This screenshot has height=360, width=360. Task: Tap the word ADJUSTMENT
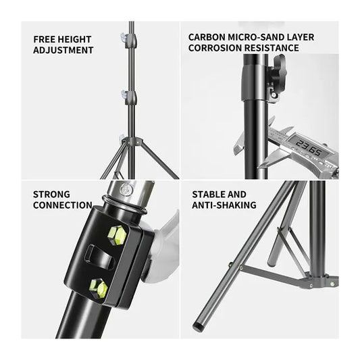pyautogui.click(x=63, y=50)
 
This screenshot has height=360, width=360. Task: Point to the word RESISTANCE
pyautogui.click(x=272, y=48)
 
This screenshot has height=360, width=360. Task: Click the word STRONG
pyautogui.click(x=51, y=195)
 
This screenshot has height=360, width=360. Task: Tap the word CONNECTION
pyautogui.click(x=63, y=205)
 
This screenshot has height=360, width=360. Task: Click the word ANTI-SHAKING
pyautogui.click(x=224, y=205)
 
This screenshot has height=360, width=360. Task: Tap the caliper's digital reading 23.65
pyautogui.click(x=309, y=147)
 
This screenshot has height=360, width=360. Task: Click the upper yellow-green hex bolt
pyautogui.click(x=117, y=235)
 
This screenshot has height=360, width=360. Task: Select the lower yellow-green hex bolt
pyautogui.click(x=99, y=288)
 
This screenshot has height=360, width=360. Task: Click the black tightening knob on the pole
pyautogui.click(x=278, y=72)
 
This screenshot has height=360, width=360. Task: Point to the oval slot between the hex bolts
pyautogui.click(x=99, y=257)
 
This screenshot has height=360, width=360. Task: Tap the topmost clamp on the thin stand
pyautogui.click(x=130, y=41)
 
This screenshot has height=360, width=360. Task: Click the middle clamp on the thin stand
pyautogui.click(x=130, y=97)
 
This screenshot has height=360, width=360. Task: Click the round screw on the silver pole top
pyautogui.click(x=126, y=188)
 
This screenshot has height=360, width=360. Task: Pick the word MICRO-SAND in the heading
pyautogui.click(x=252, y=37)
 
